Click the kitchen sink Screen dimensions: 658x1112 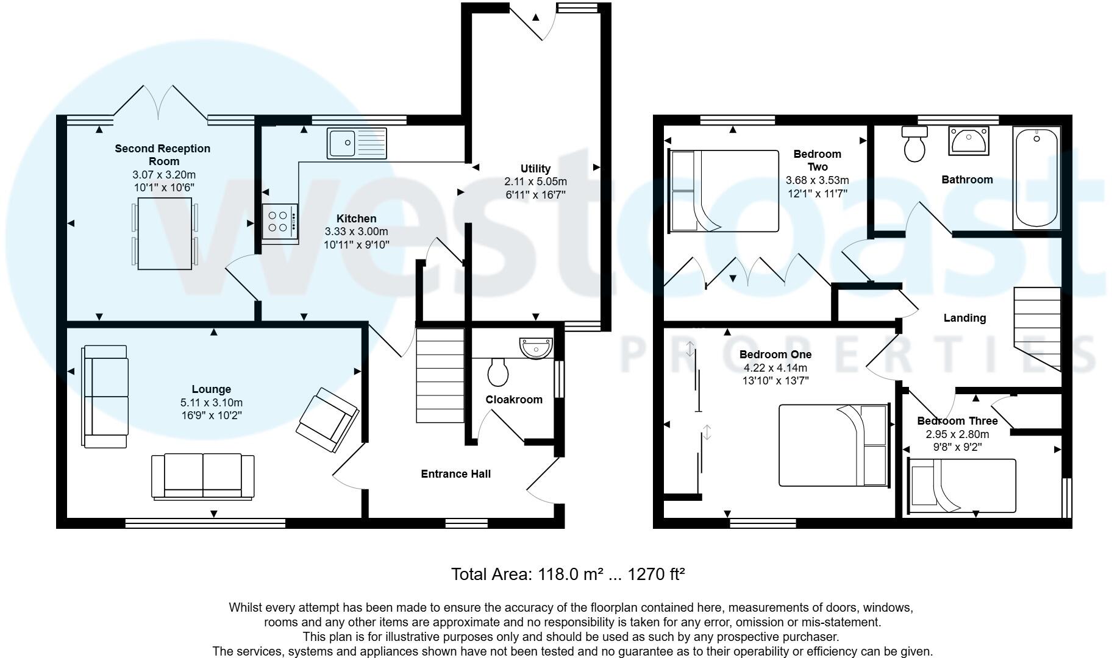pos(357,143)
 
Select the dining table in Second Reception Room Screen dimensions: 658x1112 pos(165,233)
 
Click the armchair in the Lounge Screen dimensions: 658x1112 pos(327,420)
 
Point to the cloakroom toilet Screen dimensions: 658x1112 pos(498,372)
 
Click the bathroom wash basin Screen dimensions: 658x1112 pos(968,141)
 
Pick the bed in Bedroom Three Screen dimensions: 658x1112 pos(962,486)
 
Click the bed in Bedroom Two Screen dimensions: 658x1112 pos(724,191)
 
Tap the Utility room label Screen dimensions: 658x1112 pos(535,169)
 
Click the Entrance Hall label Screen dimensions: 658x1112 pos(455,474)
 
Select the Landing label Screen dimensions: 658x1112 pos(964,318)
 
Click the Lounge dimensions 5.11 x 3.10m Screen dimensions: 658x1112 pos(211,403)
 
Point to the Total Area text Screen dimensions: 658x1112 pos(568,574)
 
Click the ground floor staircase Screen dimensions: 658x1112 pos(440,375)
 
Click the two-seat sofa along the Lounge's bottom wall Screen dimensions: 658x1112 pos(203,476)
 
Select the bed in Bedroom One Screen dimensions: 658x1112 pos(833,445)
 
